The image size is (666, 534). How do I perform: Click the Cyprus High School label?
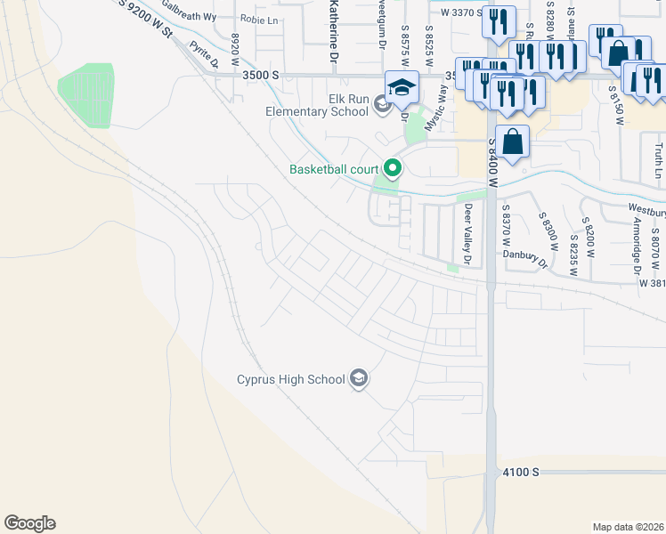point(290,380)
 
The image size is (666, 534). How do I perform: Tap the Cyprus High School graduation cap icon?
point(359,380)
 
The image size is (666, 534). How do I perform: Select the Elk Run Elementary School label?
point(318,105)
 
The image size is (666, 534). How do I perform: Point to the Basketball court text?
point(334,169)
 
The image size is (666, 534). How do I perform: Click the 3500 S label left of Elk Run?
point(261,77)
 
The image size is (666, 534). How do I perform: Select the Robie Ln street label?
point(260,19)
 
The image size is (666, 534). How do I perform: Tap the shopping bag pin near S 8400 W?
point(513,142)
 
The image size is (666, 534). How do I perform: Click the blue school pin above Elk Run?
point(402,87)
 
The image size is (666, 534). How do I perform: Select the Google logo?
point(29,523)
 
